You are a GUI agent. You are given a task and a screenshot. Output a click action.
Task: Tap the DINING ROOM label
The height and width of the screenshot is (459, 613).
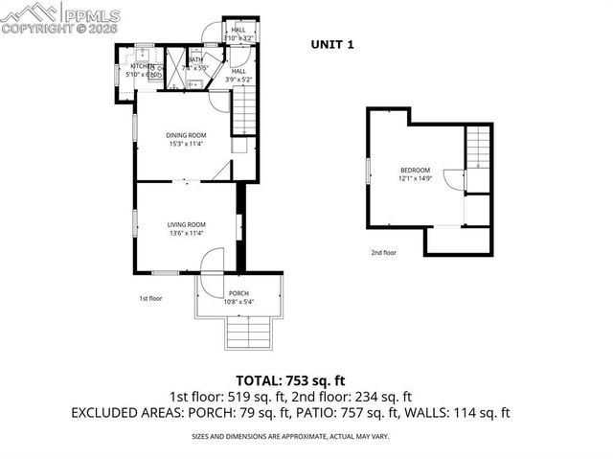tap(186, 135)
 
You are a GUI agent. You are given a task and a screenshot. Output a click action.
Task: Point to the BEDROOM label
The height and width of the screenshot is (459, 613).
tap(415, 169)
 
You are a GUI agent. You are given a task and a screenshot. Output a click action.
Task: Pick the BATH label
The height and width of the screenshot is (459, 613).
tap(194, 59)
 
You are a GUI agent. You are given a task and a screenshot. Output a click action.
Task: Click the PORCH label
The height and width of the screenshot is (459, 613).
tap(238, 293)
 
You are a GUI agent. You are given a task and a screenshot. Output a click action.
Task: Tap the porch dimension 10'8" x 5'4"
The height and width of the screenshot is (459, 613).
tap(238, 302)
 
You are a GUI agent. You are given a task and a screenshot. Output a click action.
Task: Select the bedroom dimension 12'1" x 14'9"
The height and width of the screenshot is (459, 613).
tap(415, 177)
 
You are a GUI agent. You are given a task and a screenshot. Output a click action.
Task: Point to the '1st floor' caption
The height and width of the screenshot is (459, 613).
tap(150, 298)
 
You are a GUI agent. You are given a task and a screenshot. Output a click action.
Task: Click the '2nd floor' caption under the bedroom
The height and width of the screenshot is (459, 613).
tap(384, 253)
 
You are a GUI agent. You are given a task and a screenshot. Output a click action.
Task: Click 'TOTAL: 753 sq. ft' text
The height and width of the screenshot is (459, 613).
tap(306, 378)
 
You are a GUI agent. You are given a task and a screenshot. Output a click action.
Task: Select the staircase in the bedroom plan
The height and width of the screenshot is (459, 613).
tap(478, 148)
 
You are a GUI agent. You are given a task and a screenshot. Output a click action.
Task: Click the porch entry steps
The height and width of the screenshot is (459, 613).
tap(247, 334)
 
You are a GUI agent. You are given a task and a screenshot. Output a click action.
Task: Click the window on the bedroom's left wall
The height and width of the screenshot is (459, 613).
tap(368, 170)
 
